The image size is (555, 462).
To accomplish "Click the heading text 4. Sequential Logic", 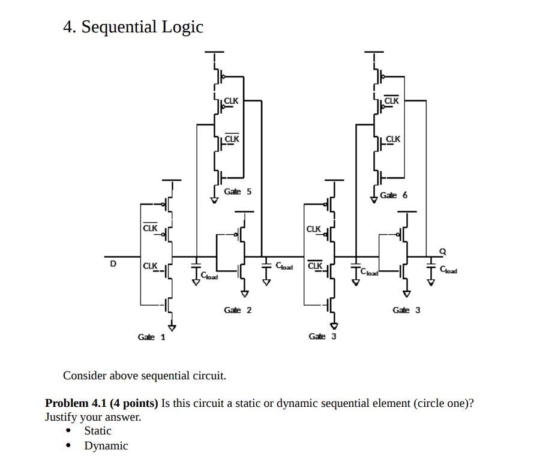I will pos(133,27).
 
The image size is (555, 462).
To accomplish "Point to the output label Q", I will pos(443,252).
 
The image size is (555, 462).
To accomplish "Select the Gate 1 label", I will pos(151,337).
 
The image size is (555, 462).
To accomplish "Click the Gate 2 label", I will pos(238,310).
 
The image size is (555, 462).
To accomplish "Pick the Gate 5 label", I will pos(238,192).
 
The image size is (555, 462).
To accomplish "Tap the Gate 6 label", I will pos(394,195).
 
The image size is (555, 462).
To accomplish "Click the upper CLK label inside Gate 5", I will pos(231,101).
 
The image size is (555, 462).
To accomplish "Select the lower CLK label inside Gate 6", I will pos(392,139).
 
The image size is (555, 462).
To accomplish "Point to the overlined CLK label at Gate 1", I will pos(150,228).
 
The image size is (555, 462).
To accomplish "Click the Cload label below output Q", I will pos(448,270).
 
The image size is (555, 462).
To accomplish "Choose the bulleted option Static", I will pos(98,431).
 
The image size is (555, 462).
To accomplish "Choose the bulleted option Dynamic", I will pos(106,446).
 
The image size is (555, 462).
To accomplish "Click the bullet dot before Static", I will pos(68,431).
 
